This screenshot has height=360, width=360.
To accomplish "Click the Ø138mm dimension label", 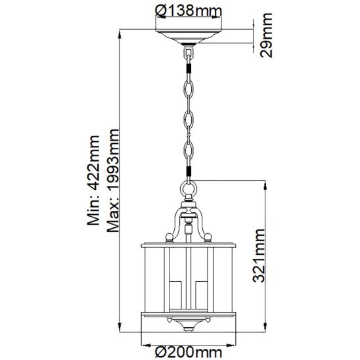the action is coord(189,11).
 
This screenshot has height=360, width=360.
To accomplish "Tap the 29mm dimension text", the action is coord(266,35).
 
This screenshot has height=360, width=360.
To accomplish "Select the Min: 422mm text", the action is coord(94,180).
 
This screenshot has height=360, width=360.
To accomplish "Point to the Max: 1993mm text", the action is coord(113,181).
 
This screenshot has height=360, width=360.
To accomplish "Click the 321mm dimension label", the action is coord(259,256).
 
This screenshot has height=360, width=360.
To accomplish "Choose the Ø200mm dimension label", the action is coord(189,352).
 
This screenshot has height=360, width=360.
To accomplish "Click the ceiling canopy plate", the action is coord(189,37).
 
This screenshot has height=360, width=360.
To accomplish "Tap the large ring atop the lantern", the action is coord(189,189).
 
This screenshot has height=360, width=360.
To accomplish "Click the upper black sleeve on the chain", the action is coord(189,68).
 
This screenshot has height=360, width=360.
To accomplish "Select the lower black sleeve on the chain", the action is coord(189,171).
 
